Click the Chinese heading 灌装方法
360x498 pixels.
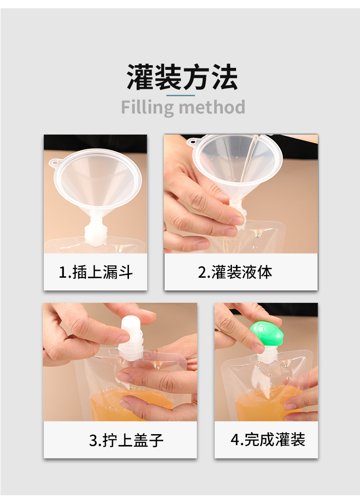click(x=182, y=78)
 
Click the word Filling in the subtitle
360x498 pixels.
click(x=147, y=108)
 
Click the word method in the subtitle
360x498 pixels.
click(x=212, y=108)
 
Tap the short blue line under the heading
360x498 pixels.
click(x=180, y=95)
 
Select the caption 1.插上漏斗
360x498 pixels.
click(x=96, y=272)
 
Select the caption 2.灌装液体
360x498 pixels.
click(x=235, y=272)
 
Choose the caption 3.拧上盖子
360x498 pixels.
click(x=126, y=441)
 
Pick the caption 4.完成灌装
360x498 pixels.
click(x=267, y=440)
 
